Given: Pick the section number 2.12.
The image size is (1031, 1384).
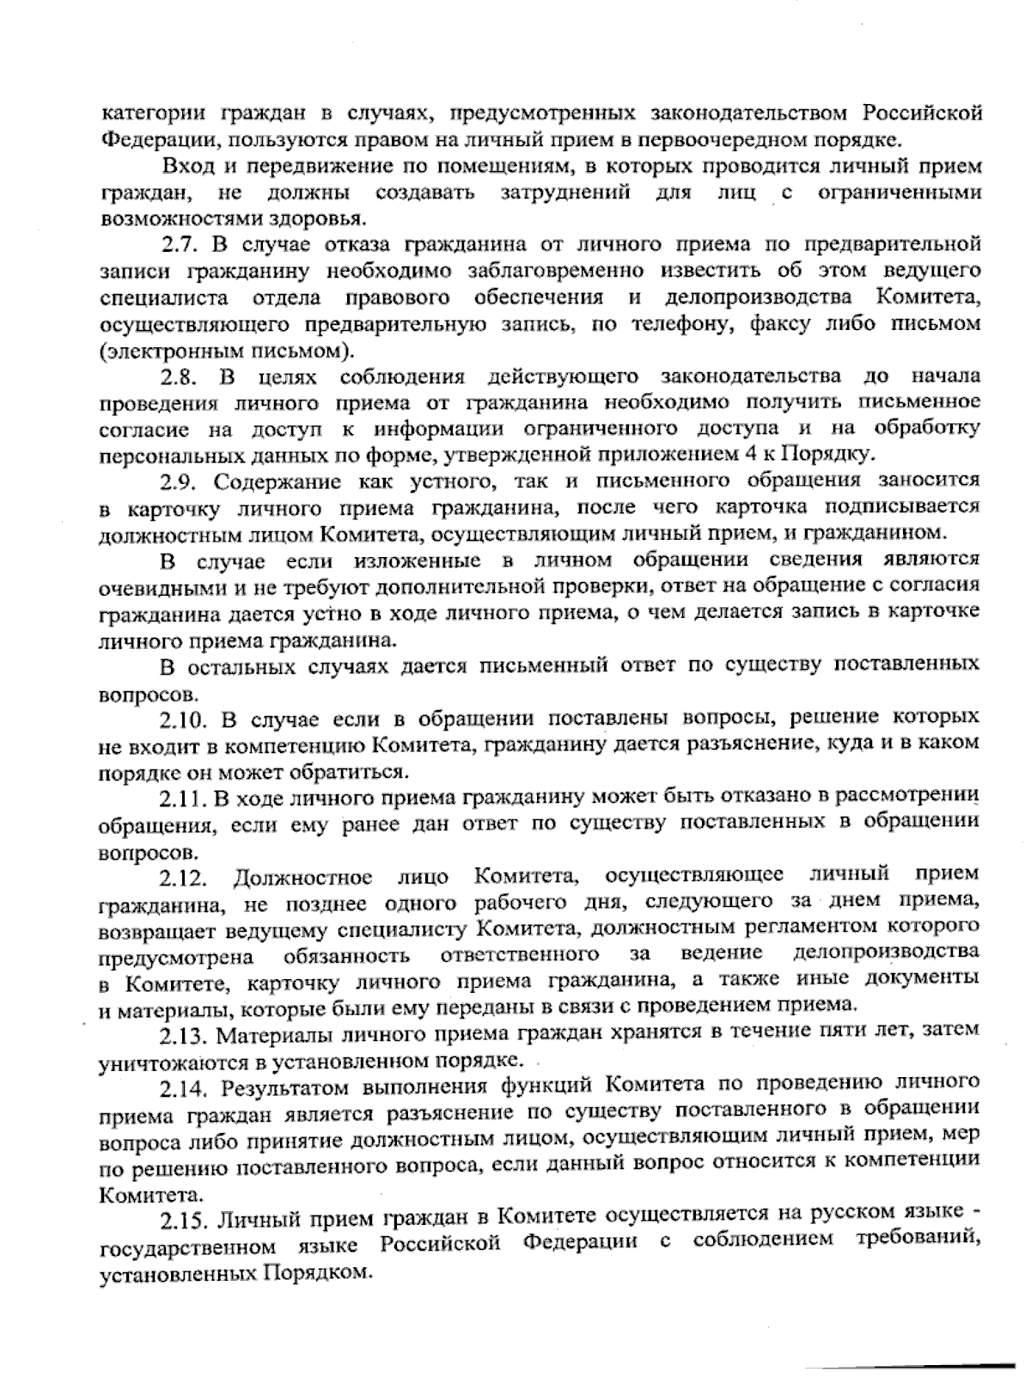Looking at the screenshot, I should (184, 878).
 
